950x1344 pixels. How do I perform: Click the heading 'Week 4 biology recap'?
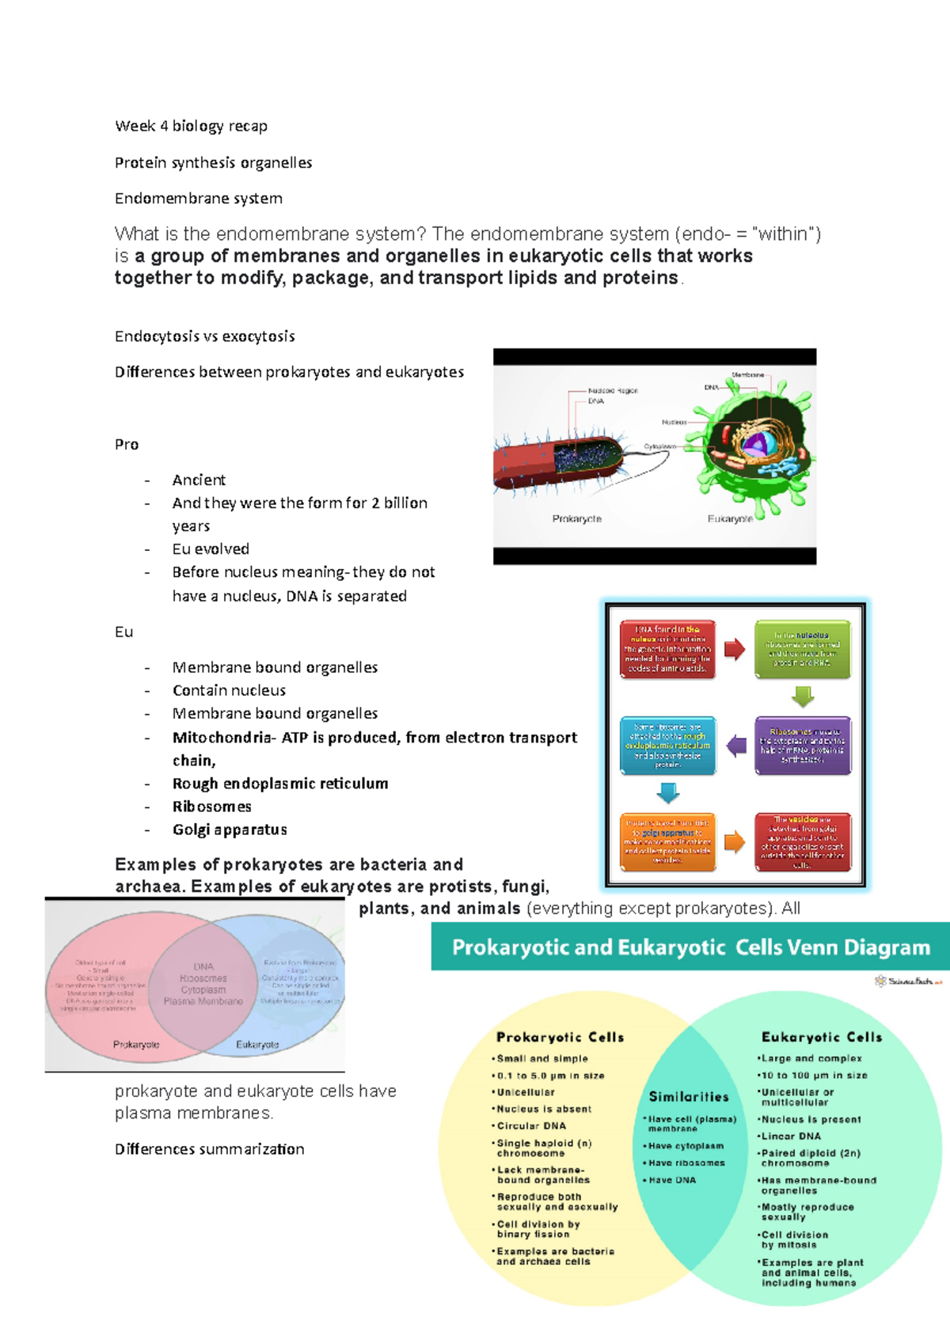coord(191,127)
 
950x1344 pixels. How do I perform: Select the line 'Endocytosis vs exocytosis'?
coord(204,336)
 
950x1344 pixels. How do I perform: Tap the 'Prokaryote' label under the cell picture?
coord(576,519)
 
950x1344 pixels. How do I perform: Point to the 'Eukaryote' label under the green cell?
coord(730,519)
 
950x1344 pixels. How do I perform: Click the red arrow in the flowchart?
coord(735,650)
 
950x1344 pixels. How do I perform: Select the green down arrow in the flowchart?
coord(803,697)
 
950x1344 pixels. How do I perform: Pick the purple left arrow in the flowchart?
coord(736,746)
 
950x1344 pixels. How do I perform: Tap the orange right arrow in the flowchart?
coord(735,842)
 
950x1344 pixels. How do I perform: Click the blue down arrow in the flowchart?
coord(668,792)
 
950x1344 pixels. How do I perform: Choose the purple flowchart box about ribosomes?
coord(803,746)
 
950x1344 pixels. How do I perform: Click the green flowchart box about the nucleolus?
coord(803,650)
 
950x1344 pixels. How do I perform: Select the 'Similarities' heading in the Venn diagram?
coord(689,1097)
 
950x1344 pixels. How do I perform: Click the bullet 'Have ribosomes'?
coord(686,1164)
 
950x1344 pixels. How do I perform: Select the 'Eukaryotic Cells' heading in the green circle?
coord(822,1037)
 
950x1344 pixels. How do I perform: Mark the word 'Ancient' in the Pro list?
coord(199,480)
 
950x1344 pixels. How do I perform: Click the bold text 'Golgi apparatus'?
coord(230,830)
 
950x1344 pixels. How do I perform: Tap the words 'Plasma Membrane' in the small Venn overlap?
coord(203,1001)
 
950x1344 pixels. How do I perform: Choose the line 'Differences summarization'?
coord(209,1149)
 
